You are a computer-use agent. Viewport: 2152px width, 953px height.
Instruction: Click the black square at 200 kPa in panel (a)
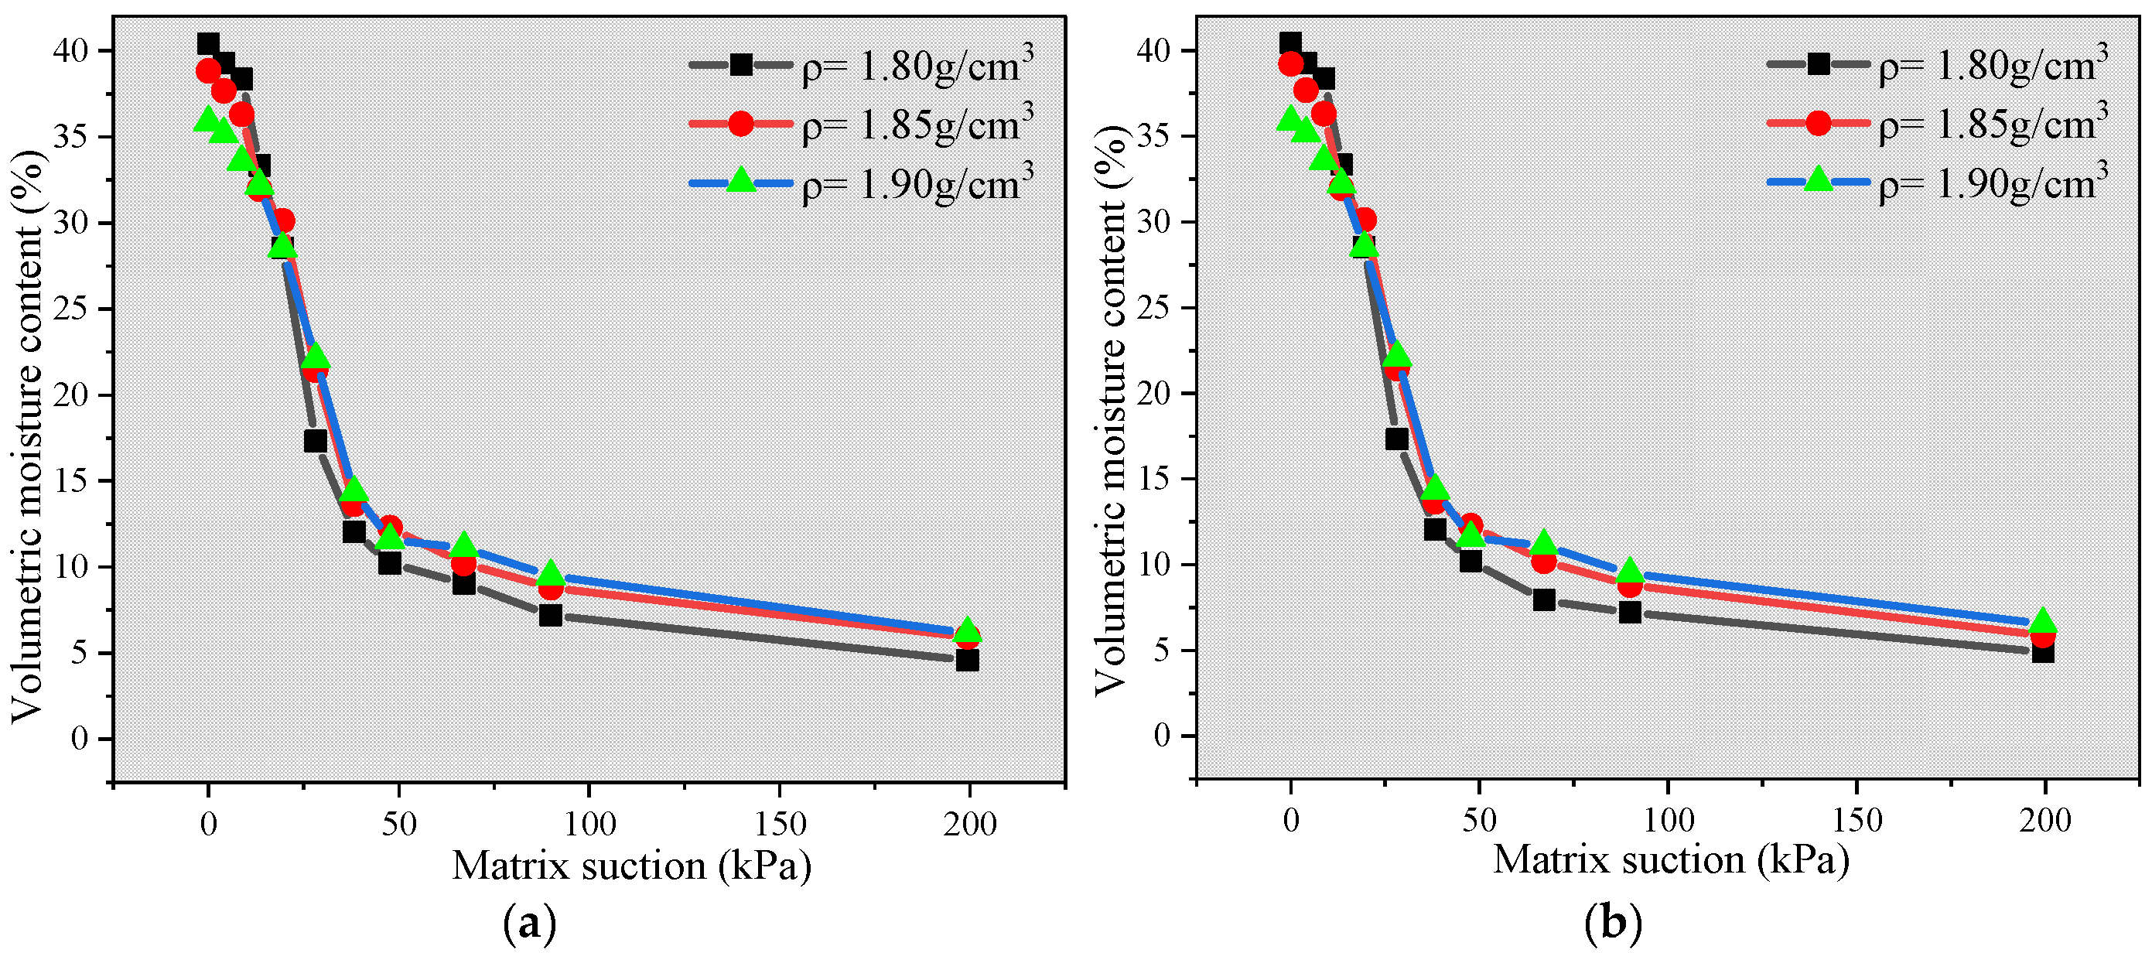point(967,660)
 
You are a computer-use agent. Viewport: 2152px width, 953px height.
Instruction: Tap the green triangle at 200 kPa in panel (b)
point(2043,621)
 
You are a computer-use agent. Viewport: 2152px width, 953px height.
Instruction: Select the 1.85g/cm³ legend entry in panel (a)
point(860,125)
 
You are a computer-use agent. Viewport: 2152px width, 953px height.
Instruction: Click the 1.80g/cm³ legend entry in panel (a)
point(860,65)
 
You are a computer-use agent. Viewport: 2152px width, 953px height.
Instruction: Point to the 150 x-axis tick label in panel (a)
point(780,825)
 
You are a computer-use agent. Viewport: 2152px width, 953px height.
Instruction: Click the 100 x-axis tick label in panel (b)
point(1669,821)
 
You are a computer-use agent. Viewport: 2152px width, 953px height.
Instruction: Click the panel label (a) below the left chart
point(530,924)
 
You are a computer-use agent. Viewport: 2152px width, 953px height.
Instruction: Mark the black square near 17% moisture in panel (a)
point(315,440)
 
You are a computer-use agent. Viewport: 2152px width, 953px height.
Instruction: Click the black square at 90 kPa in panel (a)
point(550,616)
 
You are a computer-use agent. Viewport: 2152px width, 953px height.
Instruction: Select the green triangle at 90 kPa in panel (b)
point(1630,572)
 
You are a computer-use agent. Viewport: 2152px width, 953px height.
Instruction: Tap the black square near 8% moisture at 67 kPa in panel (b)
point(1544,599)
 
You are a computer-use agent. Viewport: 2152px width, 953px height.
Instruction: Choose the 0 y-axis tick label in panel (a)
point(79,740)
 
